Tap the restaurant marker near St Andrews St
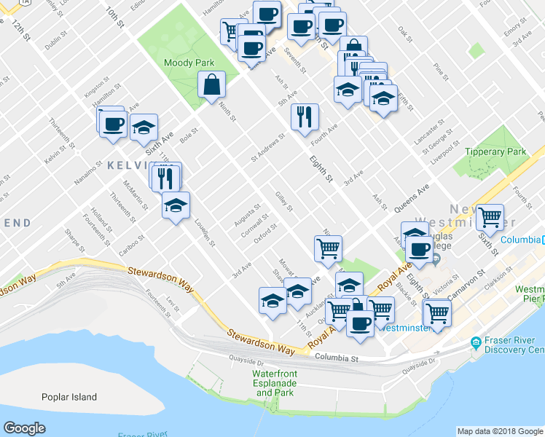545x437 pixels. [305, 117]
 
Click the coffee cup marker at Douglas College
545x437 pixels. [419, 250]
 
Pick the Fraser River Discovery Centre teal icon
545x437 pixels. [475, 342]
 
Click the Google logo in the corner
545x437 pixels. [25, 428]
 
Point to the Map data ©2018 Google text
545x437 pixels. [500, 431]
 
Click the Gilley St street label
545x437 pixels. [283, 202]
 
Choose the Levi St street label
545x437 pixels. [172, 305]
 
